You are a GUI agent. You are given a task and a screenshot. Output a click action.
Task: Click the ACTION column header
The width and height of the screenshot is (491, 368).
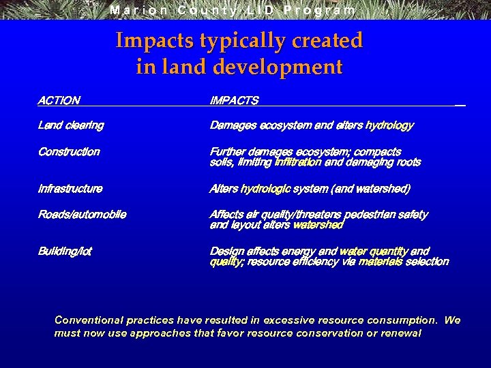[x=59, y=101]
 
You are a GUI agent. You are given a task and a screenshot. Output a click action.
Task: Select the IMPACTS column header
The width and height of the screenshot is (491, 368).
[x=234, y=101]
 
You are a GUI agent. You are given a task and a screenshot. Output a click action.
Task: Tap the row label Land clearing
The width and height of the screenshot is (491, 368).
[x=71, y=125]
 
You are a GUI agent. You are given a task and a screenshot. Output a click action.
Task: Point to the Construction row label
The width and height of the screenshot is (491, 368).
[x=69, y=152]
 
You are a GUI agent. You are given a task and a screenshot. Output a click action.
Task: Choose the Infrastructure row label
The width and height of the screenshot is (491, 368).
[x=70, y=189]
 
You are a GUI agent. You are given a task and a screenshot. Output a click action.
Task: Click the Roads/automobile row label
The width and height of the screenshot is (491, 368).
[x=82, y=215]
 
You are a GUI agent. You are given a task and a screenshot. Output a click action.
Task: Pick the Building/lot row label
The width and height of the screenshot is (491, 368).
[x=65, y=251]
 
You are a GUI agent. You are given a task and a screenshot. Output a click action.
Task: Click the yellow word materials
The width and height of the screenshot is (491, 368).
[x=380, y=262]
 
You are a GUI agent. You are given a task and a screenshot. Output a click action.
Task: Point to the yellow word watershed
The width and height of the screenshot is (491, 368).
[x=318, y=225]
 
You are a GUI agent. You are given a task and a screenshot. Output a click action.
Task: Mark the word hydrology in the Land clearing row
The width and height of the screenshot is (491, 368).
[x=389, y=125]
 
